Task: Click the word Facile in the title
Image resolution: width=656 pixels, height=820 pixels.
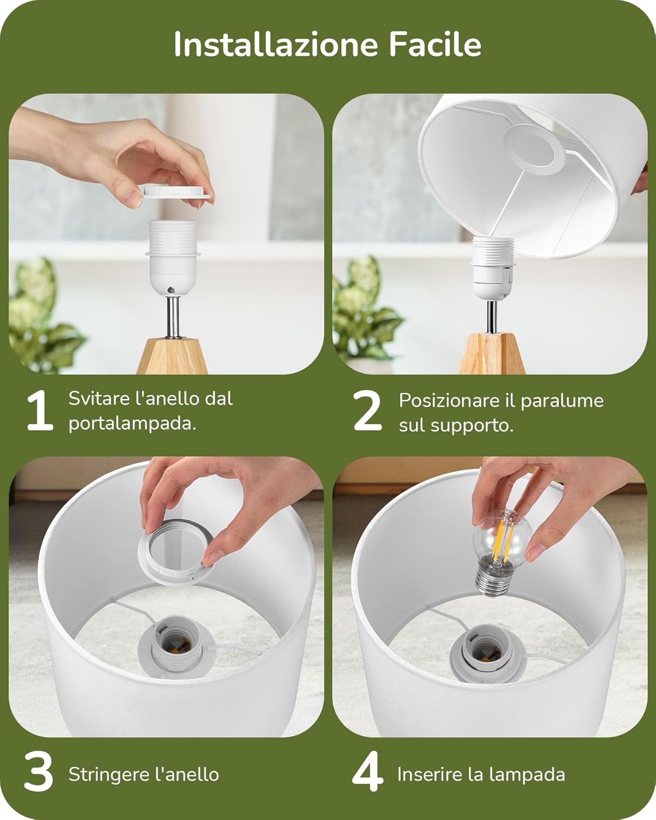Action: coord(435,45)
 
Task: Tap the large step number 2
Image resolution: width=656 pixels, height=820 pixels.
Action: coord(367,412)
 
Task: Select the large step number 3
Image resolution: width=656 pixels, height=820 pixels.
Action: coord(39,773)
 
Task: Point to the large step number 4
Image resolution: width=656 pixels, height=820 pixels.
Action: coord(367,773)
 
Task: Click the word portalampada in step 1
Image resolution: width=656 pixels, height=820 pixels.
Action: coord(132,424)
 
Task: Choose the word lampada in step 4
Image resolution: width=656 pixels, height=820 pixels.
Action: coord(532,774)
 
